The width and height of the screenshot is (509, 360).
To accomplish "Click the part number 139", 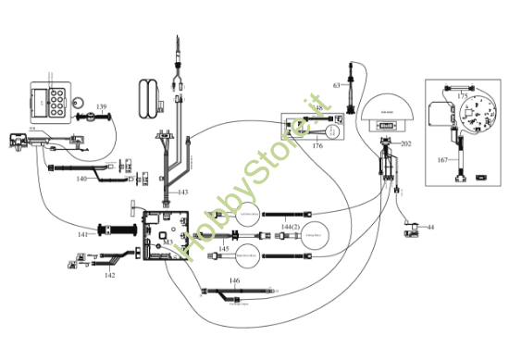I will tap(101, 107).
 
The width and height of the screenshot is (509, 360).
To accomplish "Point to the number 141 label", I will tap(82, 235).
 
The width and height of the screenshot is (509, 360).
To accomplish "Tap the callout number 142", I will tap(109, 275).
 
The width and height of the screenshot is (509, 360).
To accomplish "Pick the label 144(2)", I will tap(289, 226).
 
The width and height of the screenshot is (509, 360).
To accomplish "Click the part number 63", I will tap(338, 85).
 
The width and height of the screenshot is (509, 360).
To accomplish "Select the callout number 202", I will tap(405, 143).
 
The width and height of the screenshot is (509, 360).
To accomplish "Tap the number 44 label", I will tap(429, 227).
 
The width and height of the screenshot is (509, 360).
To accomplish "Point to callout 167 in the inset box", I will tap(442, 160).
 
